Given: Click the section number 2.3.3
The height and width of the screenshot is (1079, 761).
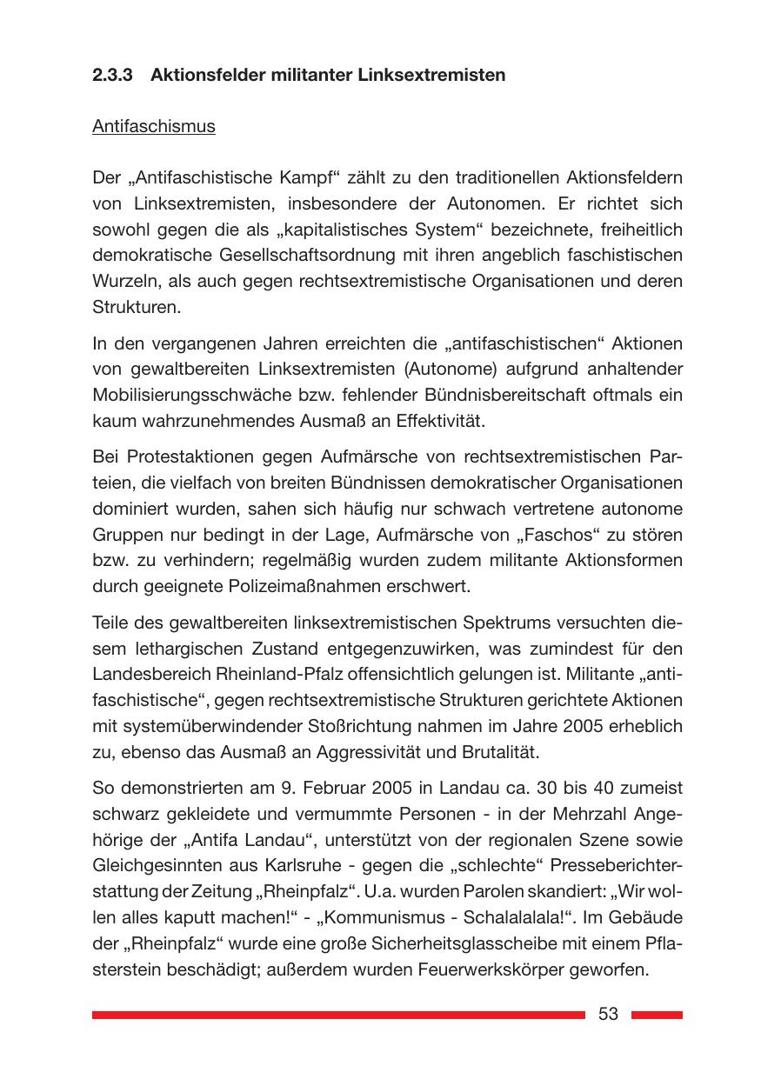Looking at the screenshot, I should point(112,75).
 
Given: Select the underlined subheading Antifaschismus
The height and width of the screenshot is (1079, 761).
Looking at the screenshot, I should point(154,126).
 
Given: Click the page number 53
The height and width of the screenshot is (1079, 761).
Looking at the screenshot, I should point(608,1014).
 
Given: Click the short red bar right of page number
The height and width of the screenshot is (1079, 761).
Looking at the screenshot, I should point(657,1015).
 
